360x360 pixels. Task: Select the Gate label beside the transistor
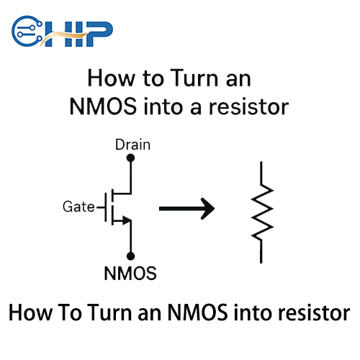(x=78, y=207)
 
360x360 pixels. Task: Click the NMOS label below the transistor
(x=130, y=274)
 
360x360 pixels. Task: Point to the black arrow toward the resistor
(x=186, y=210)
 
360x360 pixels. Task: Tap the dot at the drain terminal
(x=131, y=162)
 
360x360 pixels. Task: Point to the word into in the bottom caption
(x=251, y=315)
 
